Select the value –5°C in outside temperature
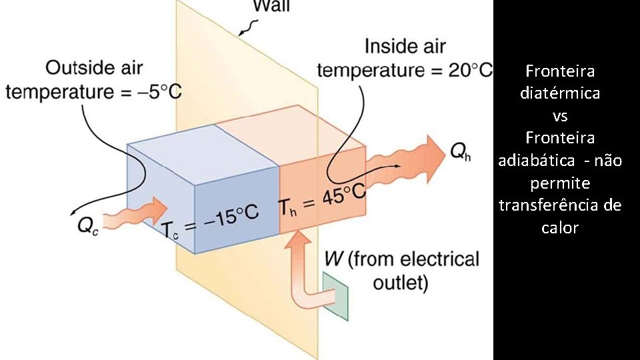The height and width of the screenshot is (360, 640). (x=161, y=91)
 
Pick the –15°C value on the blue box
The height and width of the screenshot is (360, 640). (x=232, y=218)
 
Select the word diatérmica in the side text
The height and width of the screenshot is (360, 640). (x=560, y=93)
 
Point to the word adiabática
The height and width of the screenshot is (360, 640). (x=533, y=161)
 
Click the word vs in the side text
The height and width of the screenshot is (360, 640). (x=560, y=115)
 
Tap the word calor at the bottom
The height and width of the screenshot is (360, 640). (x=560, y=228)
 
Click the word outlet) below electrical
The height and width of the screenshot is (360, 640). (x=400, y=283)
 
